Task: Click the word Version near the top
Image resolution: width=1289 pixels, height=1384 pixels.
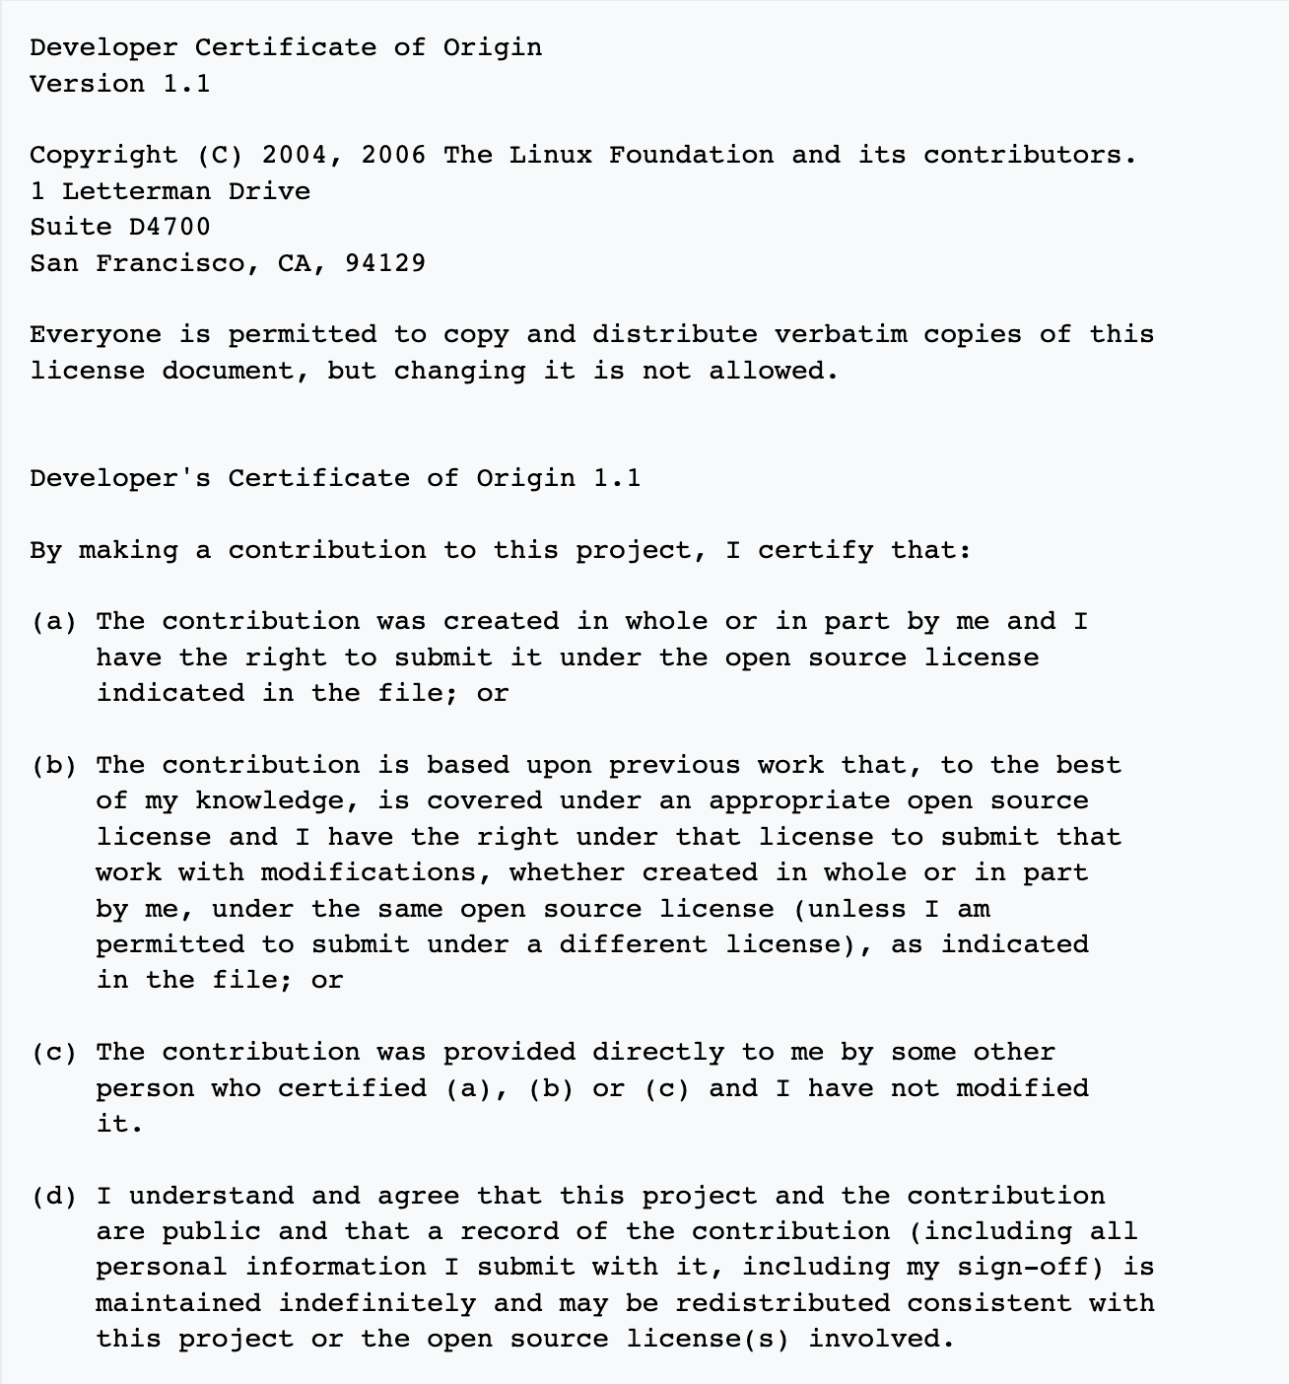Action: pyautogui.click(x=87, y=84)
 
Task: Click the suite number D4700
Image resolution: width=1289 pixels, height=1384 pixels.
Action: pyautogui.click(x=170, y=227)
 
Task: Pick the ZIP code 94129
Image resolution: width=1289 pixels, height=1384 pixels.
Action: pyautogui.click(x=385, y=263)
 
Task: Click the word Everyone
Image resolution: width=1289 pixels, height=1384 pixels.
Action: pyautogui.click(x=96, y=334)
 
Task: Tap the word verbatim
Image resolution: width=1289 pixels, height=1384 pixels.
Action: pyautogui.click(x=841, y=334)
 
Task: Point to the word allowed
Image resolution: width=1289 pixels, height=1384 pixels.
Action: pyautogui.click(x=773, y=371)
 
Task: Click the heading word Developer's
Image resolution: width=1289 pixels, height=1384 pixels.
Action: pyautogui.click(x=120, y=478)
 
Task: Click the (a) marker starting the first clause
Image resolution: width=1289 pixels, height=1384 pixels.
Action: pyautogui.click(x=54, y=622)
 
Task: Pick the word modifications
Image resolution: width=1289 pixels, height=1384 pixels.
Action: pyautogui.click(x=376, y=873)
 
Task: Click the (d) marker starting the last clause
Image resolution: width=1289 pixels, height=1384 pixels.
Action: pyautogui.click(x=54, y=1197)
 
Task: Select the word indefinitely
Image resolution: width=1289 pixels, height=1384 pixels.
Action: pyautogui.click(x=376, y=1304)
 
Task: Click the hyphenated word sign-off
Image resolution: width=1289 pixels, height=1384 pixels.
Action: pyautogui.click(x=997, y=1268)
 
